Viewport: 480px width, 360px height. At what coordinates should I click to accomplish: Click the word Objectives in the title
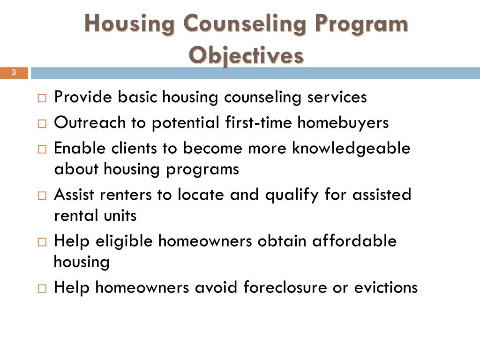click(246, 55)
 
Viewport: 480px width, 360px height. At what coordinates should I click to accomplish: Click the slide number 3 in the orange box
click(14, 73)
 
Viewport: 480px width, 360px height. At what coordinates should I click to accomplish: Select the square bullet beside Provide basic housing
click(42, 98)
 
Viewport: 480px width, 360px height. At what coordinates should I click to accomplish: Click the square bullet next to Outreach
click(42, 123)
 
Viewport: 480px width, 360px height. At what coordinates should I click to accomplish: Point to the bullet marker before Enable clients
click(42, 149)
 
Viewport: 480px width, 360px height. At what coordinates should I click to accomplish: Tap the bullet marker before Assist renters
click(42, 195)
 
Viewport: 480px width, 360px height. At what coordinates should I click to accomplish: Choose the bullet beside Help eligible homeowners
click(42, 242)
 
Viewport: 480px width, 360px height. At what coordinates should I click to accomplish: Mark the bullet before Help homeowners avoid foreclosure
click(42, 288)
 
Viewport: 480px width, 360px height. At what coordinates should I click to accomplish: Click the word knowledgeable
click(351, 148)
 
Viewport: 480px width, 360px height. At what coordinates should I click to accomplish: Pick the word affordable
click(354, 241)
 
